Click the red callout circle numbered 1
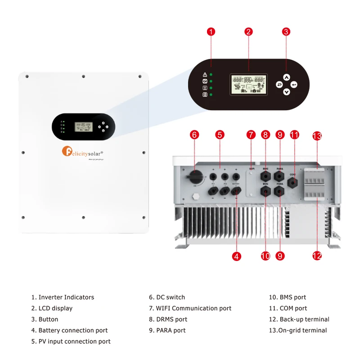[x=211, y=31]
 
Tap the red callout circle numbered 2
[x=248, y=31]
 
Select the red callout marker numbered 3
[x=286, y=31]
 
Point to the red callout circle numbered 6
[x=194, y=135]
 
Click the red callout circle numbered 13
[x=317, y=136]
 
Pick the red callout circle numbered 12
[x=317, y=256]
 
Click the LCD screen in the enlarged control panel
[x=248, y=84]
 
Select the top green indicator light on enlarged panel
[x=211, y=74]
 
